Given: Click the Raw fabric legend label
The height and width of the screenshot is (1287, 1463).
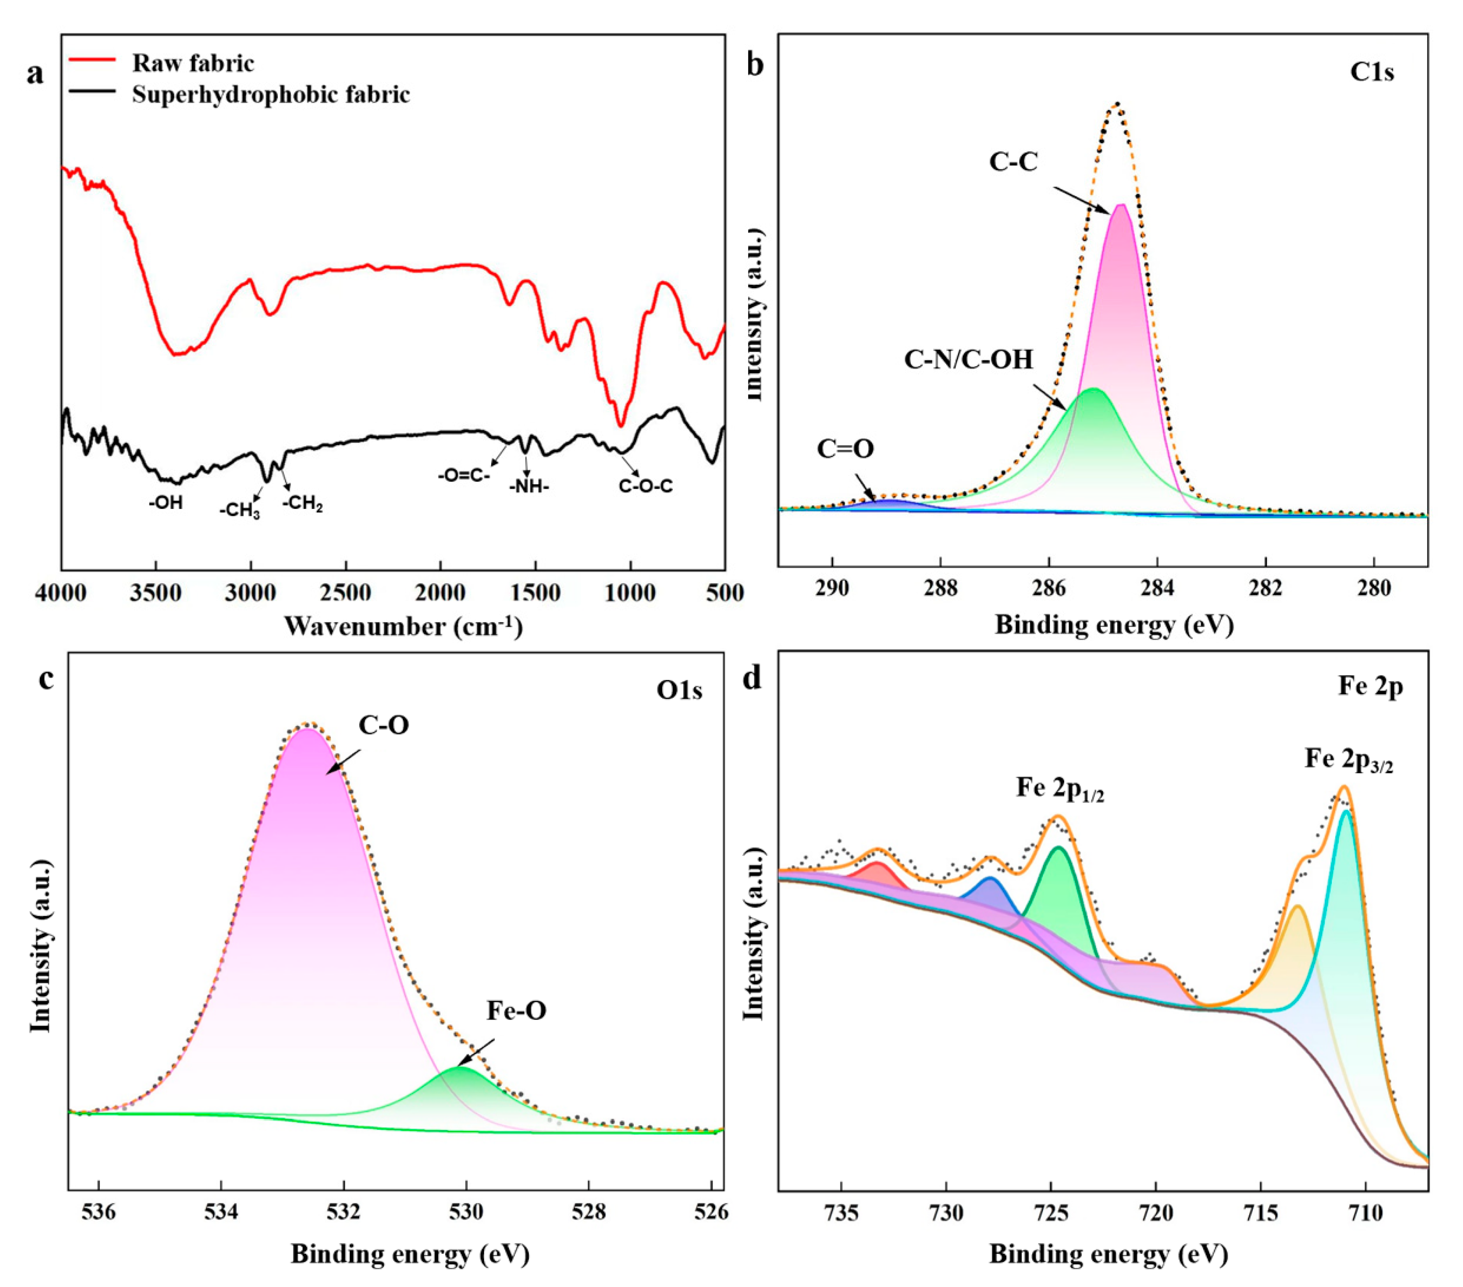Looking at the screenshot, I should (193, 63).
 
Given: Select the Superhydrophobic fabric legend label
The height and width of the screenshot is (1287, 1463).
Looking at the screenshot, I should (270, 95).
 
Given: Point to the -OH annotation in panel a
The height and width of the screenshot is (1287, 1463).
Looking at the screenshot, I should (166, 503).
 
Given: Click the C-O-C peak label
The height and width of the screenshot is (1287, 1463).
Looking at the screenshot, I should (646, 486).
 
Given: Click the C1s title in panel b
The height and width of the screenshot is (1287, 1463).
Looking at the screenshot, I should (1372, 73).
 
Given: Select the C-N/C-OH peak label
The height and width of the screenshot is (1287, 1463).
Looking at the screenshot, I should (968, 359).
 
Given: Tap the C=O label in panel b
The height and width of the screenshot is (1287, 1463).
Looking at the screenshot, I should (845, 449).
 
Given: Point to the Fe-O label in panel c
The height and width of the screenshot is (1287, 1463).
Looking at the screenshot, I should (517, 1011).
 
